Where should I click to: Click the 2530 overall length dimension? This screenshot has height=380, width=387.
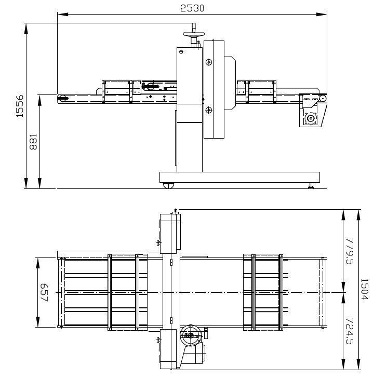point(192,8)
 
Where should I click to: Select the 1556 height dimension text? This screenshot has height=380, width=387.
point(20,106)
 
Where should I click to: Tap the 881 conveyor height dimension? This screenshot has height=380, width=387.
point(33,142)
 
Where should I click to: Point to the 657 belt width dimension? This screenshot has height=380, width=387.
point(44,292)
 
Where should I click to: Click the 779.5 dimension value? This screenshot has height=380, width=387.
point(350,251)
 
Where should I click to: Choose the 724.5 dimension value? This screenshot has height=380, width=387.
point(350,331)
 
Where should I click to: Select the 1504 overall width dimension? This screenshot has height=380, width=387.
point(365,289)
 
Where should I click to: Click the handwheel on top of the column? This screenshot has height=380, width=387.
point(194,34)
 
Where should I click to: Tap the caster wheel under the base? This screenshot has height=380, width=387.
point(168,185)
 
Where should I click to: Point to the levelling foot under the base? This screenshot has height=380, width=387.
point(311,186)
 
